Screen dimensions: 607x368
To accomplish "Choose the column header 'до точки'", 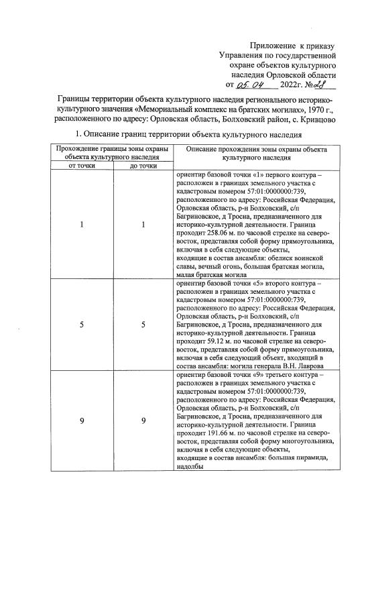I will (143, 165).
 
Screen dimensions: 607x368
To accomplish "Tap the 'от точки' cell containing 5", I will (81, 325).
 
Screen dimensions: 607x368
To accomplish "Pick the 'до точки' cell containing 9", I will (143, 421).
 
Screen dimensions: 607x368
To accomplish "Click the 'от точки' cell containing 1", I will (81, 224).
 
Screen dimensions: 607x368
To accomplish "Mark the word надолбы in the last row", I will (191, 469).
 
